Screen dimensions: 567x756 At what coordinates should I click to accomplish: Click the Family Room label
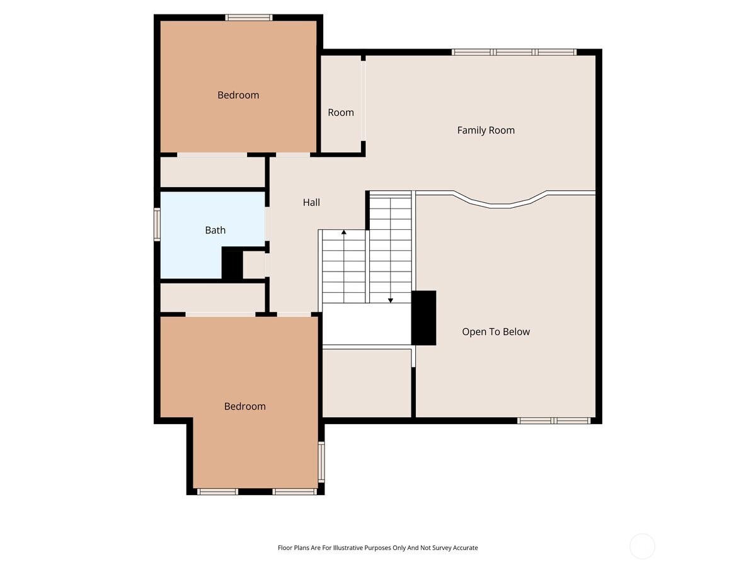coord(486,130)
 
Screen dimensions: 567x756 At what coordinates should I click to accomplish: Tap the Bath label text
coord(215,231)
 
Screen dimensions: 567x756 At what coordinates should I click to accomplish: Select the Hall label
coord(311,202)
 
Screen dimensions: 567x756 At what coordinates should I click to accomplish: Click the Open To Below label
coord(496,332)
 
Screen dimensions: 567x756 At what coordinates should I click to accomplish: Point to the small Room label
coord(341,113)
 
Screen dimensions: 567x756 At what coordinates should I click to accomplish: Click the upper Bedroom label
coord(238,95)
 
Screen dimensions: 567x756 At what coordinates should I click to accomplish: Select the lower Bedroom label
coord(244,406)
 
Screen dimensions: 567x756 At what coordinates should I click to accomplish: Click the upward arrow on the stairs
coord(344,234)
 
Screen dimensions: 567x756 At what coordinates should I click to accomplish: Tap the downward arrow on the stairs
coord(391,299)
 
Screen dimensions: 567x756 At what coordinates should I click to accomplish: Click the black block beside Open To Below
coord(423,318)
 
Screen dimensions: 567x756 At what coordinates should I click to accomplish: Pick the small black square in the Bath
coord(232,265)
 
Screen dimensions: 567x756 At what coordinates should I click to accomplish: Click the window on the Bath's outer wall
coord(157,224)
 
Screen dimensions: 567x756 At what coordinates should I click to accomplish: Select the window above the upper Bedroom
coord(249,18)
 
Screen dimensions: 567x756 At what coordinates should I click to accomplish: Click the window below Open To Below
coord(554,420)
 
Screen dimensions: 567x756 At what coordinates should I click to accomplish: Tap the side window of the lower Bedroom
coord(321,462)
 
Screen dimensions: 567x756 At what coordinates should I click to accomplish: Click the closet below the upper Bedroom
coord(212,172)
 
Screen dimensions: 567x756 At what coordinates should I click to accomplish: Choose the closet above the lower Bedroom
coord(212,297)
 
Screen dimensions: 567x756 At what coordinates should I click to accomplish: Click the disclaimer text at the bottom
coord(378,548)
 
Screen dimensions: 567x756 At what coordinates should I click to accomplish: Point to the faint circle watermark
coord(642,546)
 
